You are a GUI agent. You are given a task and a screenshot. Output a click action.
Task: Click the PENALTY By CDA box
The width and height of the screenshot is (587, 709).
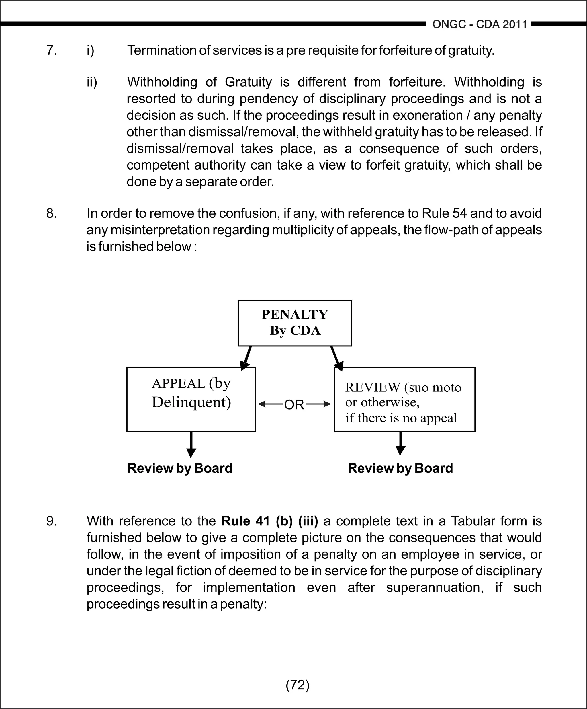[x=295, y=323]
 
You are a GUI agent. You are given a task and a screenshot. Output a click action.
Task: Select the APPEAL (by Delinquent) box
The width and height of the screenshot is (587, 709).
[x=191, y=399]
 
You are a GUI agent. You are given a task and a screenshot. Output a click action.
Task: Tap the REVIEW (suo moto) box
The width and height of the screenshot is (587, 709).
[x=404, y=399]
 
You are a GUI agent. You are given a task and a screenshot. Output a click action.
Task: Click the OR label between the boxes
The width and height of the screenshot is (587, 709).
[x=294, y=404]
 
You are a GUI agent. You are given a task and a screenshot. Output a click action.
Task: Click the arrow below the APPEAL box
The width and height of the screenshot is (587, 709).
[x=191, y=444]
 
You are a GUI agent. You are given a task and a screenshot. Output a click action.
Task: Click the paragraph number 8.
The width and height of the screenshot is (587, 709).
[x=51, y=213]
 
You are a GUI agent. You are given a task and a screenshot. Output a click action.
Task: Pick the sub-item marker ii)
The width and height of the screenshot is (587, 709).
[x=92, y=82]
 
